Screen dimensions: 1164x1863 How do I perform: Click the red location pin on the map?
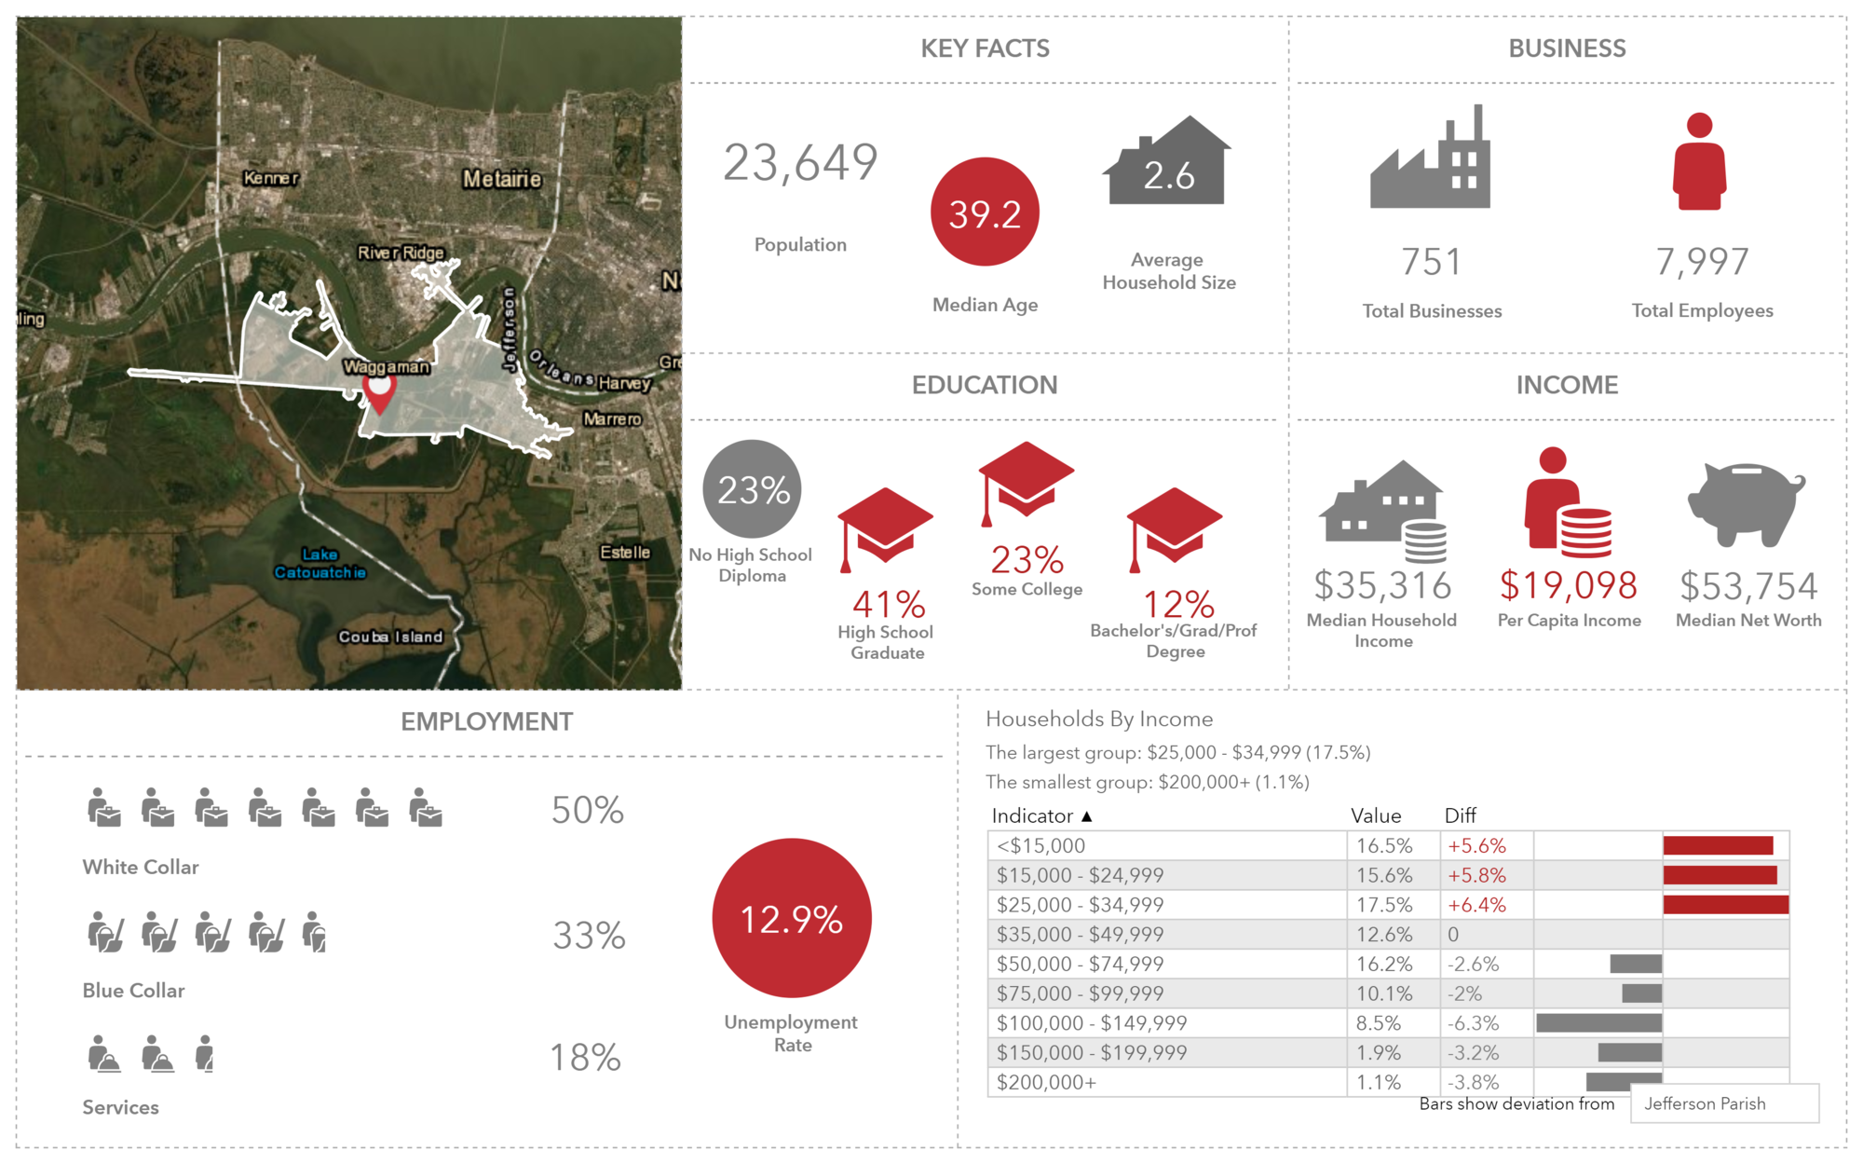pyautogui.click(x=379, y=391)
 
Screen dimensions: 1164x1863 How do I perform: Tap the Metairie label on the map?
pyautogui.click(x=502, y=178)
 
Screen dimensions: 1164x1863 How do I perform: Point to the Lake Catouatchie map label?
pyautogui.click(x=320, y=563)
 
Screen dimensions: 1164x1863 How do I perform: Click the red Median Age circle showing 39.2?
pyautogui.click(x=985, y=212)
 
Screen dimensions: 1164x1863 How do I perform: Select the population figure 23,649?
pyautogui.click(x=800, y=163)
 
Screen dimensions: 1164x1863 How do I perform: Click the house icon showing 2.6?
pyautogui.click(x=1168, y=163)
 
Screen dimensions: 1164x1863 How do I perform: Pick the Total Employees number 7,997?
pyautogui.click(x=1702, y=262)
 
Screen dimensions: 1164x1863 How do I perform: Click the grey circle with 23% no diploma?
pyautogui.click(x=753, y=489)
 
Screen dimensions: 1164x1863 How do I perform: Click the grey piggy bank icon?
pyautogui.click(x=1747, y=503)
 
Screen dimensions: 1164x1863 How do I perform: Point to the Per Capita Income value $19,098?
pyautogui.click(x=1569, y=585)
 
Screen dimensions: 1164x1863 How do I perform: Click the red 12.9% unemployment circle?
pyautogui.click(x=792, y=918)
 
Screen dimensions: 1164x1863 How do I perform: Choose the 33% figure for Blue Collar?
pyautogui.click(x=589, y=935)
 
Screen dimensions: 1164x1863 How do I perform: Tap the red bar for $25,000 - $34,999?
pyautogui.click(x=1725, y=904)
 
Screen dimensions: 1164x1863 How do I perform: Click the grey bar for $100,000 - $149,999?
pyautogui.click(x=1598, y=1022)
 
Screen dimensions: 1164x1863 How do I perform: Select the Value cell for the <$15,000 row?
pyautogui.click(x=1384, y=845)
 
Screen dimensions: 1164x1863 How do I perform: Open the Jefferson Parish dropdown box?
pyautogui.click(x=1724, y=1103)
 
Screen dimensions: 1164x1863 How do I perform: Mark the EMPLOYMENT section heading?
pyautogui.click(x=486, y=721)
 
